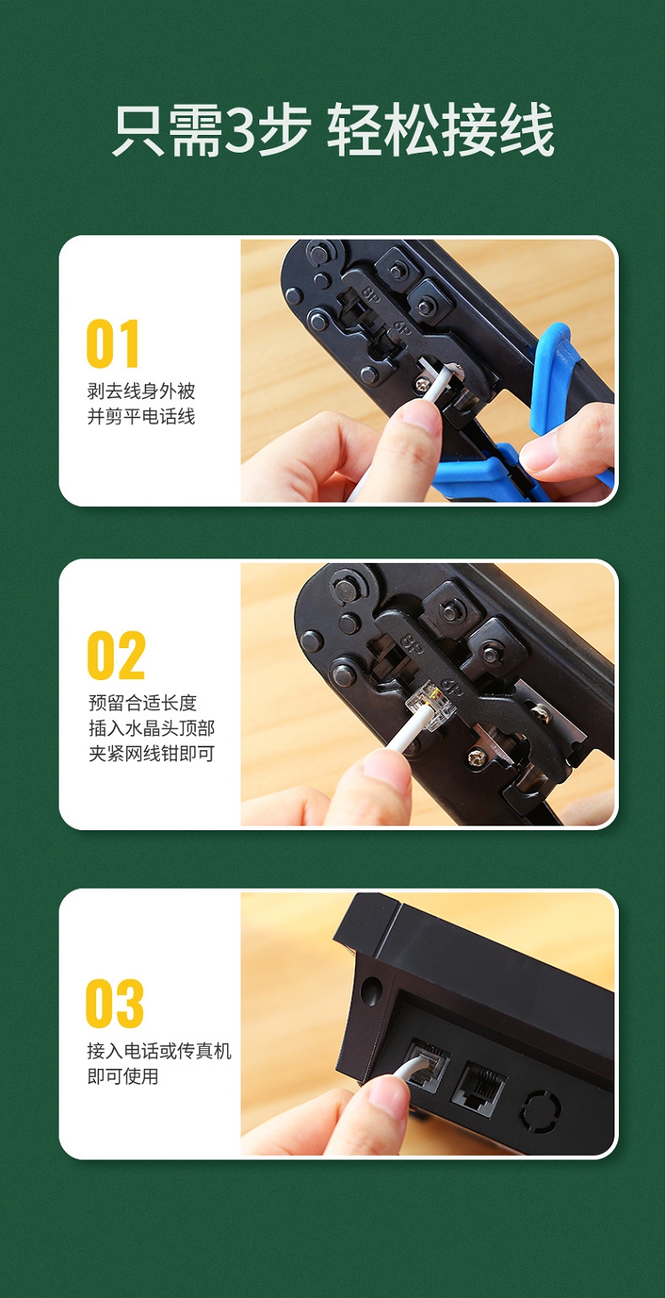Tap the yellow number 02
pyautogui.click(x=115, y=655)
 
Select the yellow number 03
pyautogui.click(x=115, y=1003)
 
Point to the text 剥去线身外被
pyautogui.click(x=141, y=392)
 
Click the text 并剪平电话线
pyautogui.click(x=141, y=416)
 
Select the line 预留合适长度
pyautogui.click(x=143, y=703)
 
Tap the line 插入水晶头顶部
pyautogui.click(x=151, y=728)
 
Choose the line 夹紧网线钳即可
pyautogui.click(x=151, y=753)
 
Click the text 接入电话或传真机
pyautogui.click(x=159, y=1050)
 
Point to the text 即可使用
pyautogui.click(x=123, y=1076)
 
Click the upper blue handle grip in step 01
pyautogui.click(x=551, y=376)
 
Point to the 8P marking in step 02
pyautogui.click(x=411, y=643)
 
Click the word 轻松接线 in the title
pyautogui.click(x=440, y=130)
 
